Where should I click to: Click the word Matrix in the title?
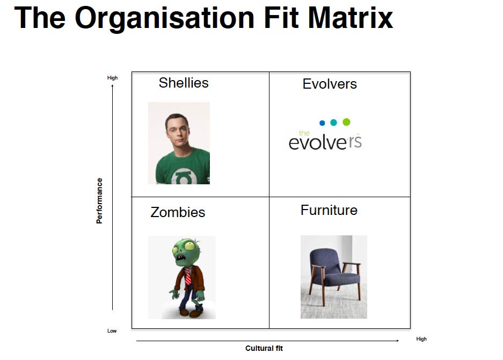[351, 18]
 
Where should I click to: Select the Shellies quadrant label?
[184, 83]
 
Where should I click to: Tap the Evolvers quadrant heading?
[330, 84]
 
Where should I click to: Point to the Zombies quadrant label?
[178, 212]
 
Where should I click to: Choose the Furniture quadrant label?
[329, 210]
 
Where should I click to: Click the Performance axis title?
[99, 201]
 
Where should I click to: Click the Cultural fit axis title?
[264, 348]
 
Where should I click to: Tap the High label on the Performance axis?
[112, 78]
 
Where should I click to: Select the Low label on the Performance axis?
[112, 331]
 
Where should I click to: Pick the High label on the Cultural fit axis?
[421, 339]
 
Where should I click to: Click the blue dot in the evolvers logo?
[323, 123]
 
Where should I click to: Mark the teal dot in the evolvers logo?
[333, 123]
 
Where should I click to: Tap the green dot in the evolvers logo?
[346, 122]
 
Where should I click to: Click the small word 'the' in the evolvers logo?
[304, 133]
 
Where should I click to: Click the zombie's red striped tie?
[188, 276]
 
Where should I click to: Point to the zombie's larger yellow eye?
[189, 246]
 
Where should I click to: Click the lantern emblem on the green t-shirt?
[184, 177]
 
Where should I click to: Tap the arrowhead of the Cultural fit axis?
[397, 341]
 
